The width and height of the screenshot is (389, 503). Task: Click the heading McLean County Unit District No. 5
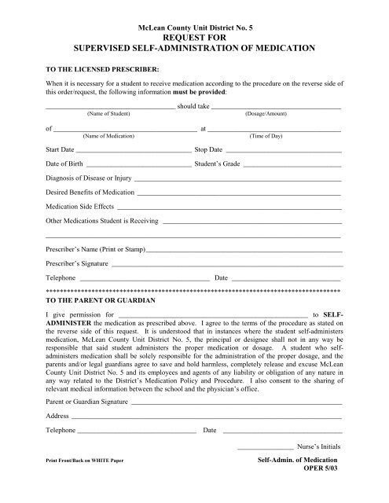[193, 26]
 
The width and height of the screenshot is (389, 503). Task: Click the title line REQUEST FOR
[193, 36]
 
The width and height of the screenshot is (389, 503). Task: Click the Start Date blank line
[134, 149]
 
